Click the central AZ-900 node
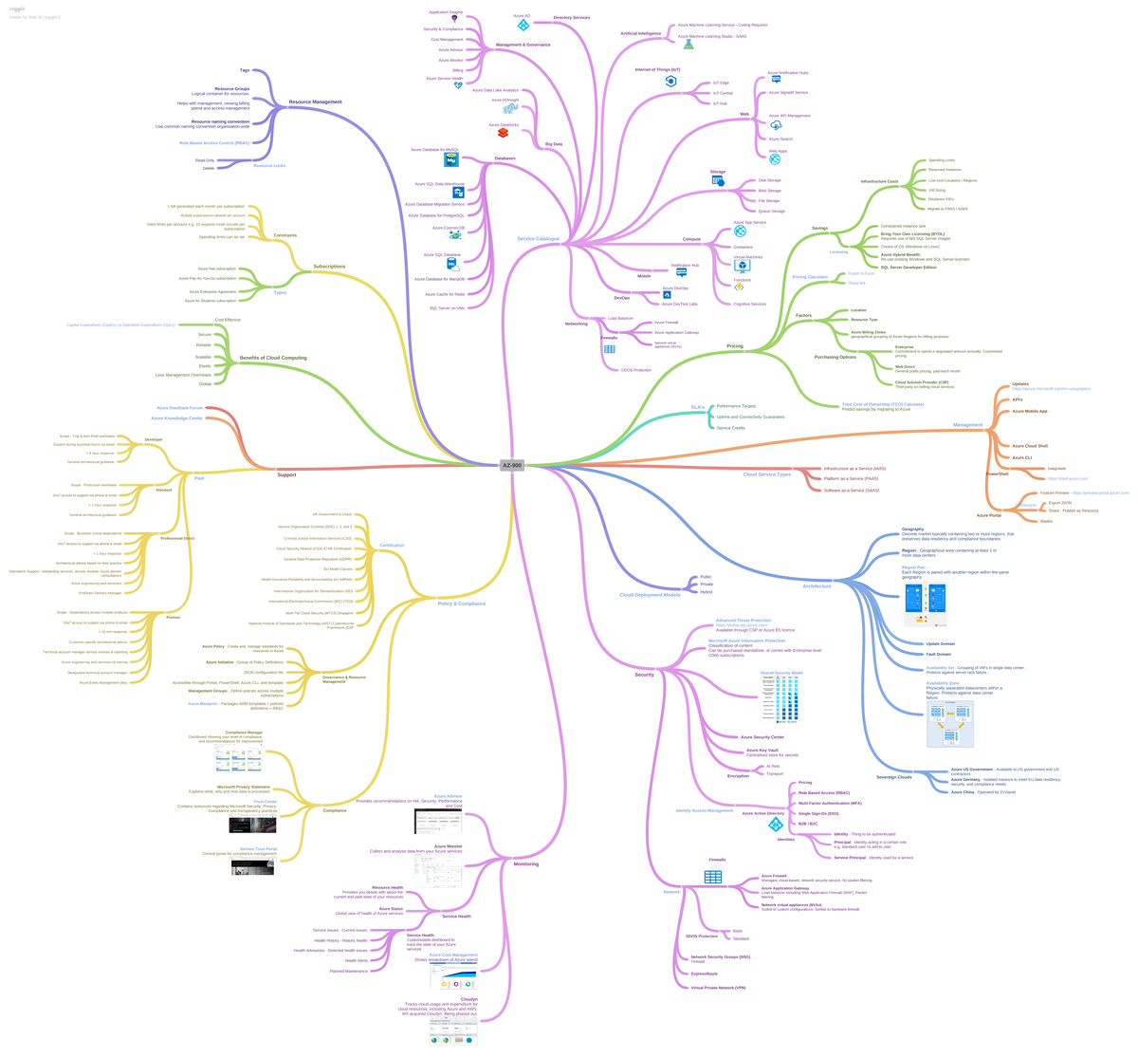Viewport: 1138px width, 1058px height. pyautogui.click(x=512, y=465)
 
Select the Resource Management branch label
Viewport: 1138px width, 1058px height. pyautogui.click(x=315, y=102)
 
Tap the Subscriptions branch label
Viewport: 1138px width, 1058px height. pyautogui.click(x=329, y=267)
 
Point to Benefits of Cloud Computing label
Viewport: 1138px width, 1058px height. pyautogui.click(x=273, y=358)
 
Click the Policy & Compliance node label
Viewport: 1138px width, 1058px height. pyautogui.click(x=461, y=603)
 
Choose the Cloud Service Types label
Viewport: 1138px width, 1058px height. pyautogui.click(x=766, y=473)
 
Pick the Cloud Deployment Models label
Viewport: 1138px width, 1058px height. pyautogui.click(x=650, y=595)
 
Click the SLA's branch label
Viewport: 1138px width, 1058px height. pyautogui.click(x=697, y=406)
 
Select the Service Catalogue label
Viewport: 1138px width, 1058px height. pyautogui.click(x=538, y=239)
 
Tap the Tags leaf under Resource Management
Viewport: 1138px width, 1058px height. pyautogui.click(x=245, y=70)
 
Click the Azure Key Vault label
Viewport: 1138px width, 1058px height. pyautogui.click(x=762, y=750)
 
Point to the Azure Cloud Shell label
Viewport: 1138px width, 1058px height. pyautogui.click(x=1029, y=446)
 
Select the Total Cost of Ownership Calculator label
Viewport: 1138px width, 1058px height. pyautogui.click(x=882, y=404)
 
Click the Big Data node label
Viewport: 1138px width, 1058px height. pyautogui.click(x=553, y=144)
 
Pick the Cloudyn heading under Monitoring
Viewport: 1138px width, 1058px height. pyautogui.click(x=468, y=998)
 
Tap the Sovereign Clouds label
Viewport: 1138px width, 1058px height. pyautogui.click(x=893, y=777)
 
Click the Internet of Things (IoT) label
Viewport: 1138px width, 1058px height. pyautogui.click(x=657, y=69)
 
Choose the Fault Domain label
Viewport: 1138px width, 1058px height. pyautogui.click(x=938, y=654)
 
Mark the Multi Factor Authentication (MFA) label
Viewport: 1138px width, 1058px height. pyautogui.click(x=830, y=803)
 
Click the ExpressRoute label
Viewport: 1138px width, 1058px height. pyautogui.click(x=704, y=974)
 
